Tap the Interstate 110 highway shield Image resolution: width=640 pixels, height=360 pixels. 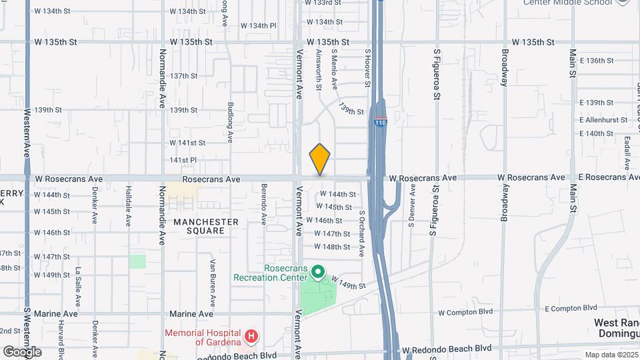tap(380, 123)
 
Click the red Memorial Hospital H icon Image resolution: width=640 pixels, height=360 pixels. tap(251, 337)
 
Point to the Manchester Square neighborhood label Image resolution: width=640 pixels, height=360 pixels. tap(206, 226)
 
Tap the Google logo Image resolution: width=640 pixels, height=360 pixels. tap(22, 351)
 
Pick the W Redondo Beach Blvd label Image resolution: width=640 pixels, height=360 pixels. tap(446, 349)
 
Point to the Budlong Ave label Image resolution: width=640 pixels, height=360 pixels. tap(230, 122)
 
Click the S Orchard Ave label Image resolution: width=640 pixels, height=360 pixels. tap(362, 234)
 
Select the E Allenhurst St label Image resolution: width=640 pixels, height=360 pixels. tap(605, 120)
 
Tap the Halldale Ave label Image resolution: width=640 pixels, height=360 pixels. tap(128, 207)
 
